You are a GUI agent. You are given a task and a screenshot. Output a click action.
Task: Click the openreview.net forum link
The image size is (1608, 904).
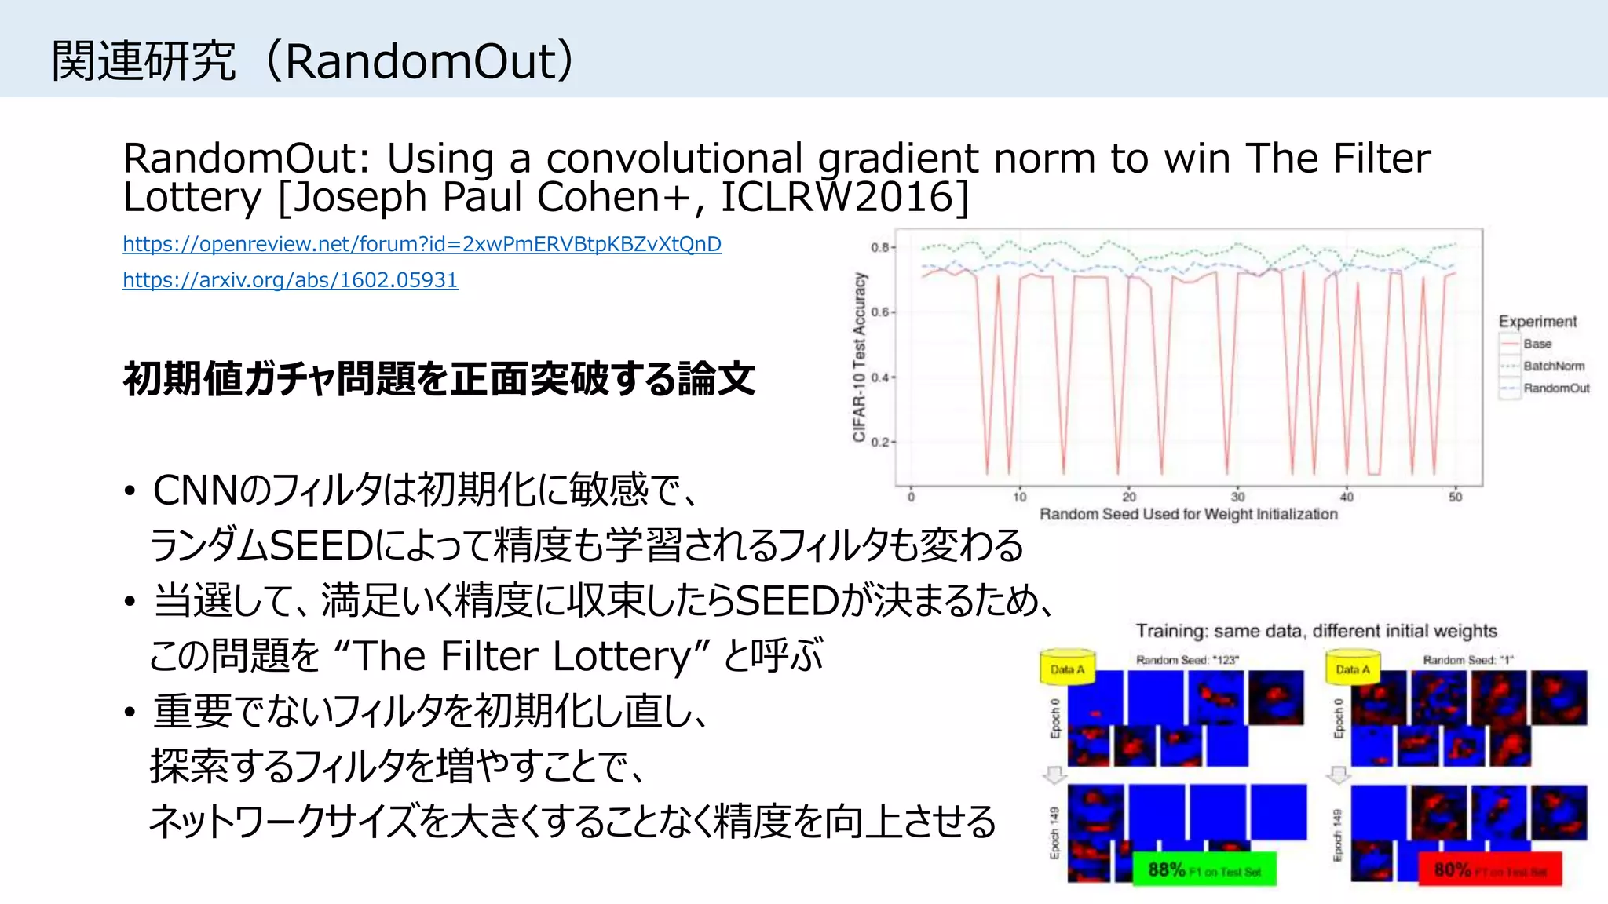coord(422,244)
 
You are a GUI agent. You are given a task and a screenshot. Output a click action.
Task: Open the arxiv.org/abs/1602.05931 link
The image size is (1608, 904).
coord(290,280)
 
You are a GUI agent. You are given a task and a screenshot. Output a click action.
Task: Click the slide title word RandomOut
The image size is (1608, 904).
coord(420,61)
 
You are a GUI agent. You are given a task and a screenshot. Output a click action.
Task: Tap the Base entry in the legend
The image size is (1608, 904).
coord(1537,344)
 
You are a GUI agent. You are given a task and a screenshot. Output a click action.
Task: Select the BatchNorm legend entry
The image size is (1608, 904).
coord(1553,366)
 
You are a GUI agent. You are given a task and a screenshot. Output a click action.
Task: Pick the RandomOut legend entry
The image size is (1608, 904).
coord(1555,388)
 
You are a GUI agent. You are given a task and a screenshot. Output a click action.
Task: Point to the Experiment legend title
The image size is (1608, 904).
coord(1537,321)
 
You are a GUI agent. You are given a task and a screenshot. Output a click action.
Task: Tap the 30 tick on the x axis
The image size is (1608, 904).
coord(1237,497)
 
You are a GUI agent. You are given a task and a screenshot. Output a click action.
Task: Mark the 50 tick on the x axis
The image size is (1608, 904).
coord(1455,497)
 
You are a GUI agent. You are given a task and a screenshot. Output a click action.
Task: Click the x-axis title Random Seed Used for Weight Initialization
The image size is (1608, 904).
coord(1188,515)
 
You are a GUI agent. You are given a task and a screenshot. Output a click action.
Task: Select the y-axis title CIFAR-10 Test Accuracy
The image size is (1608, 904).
coord(860,357)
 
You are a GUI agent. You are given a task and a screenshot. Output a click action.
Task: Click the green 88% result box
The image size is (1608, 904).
coord(1204,869)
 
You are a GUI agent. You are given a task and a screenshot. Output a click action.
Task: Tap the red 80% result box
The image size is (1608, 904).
coord(1489,869)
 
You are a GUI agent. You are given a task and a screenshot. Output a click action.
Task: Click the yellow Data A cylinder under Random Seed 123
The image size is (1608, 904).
coord(1067,668)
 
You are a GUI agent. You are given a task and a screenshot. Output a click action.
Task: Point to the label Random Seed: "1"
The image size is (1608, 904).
coord(1467,660)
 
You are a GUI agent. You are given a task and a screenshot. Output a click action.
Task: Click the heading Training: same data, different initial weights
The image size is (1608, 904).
coord(1316,631)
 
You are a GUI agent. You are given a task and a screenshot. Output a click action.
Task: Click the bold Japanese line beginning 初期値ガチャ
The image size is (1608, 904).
coord(439,379)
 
